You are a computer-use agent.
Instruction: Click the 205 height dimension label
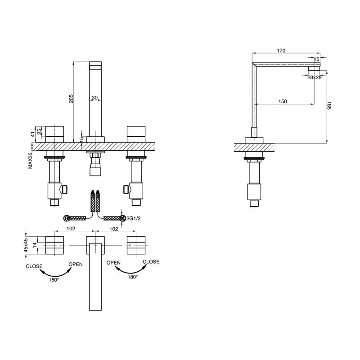71,99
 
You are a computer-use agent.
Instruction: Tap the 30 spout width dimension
94,98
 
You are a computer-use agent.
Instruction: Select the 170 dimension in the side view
281,51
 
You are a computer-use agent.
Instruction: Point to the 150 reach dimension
282,101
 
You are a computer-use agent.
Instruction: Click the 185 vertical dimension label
330,107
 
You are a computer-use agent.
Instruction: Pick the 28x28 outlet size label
314,77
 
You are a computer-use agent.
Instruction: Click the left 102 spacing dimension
70,229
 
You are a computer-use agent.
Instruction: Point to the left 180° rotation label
54,279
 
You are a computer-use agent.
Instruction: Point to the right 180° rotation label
132,277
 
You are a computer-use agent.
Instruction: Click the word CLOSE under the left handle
34,266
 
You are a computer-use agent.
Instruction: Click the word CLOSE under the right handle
151,261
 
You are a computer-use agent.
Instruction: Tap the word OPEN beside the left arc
76,264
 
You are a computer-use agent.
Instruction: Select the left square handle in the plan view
56,245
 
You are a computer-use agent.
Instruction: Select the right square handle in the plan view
137,245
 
